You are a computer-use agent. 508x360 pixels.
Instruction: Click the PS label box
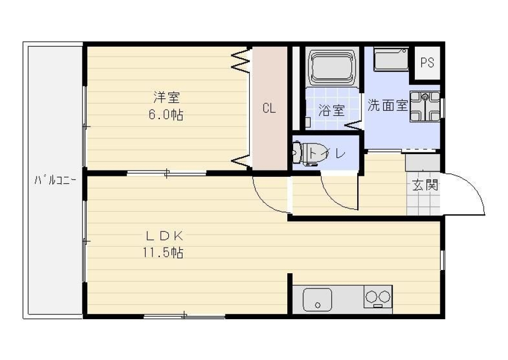pos(427,62)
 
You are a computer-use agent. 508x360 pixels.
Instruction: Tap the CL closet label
pos(269,109)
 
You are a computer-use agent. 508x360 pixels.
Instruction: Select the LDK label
pos(164,236)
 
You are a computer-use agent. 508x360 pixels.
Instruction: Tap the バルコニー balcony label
pos(55,180)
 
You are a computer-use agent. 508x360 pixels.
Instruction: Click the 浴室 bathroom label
pos(332,111)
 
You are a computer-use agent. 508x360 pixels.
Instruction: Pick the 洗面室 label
pos(387,105)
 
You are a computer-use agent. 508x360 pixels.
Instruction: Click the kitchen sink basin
pos(317,300)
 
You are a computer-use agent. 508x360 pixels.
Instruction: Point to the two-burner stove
pos(378,296)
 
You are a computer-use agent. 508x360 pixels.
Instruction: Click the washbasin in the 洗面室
pos(425,106)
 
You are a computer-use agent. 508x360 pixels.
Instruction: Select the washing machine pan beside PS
pos(391,59)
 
